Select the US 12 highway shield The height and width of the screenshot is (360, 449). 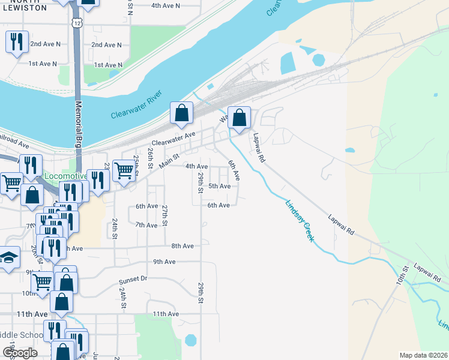point(77,22)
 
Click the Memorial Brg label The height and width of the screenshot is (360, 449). point(79,124)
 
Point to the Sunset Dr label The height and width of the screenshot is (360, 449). point(133,279)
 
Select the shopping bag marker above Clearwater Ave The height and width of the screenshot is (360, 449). point(181,113)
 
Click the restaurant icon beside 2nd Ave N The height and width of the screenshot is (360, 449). point(16,41)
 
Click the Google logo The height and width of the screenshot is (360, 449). point(21,353)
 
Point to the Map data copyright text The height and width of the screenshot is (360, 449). point(423,355)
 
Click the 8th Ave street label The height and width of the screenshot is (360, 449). point(182,246)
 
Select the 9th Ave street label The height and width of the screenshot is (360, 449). point(164,262)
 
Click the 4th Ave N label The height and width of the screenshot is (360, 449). point(166,5)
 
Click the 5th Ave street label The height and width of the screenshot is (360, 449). point(219,186)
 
